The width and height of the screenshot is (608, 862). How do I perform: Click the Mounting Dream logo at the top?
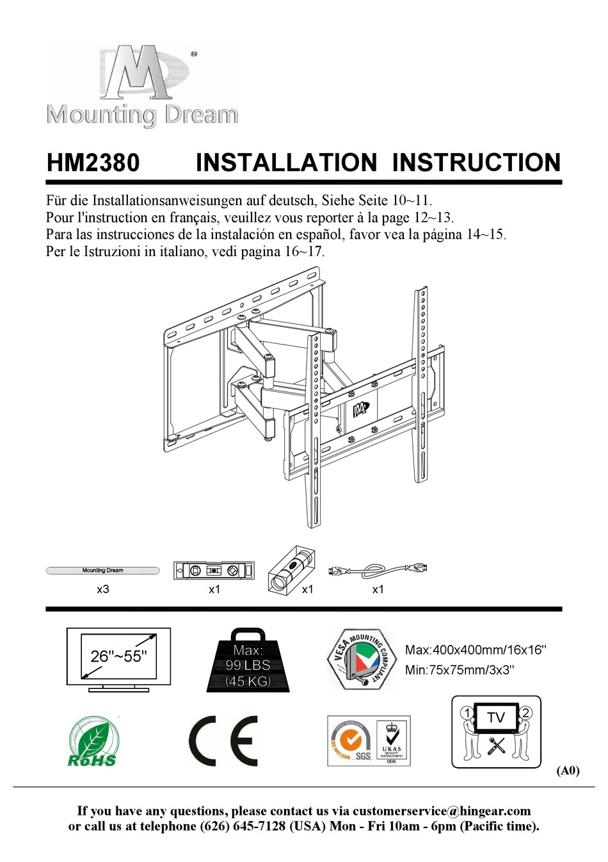pos(141,85)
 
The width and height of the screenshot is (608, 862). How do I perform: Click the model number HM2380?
pos(93,163)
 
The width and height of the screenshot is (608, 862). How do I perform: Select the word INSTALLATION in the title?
pos(286,163)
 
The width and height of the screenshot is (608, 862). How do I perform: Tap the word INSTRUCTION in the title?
pos(476,163)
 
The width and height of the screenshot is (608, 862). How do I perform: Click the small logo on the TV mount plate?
pos(361,408)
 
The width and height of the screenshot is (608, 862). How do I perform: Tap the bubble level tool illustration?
pos(214,570)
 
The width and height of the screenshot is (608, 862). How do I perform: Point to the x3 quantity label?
pos(102,589)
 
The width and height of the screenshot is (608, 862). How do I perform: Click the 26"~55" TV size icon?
pos(118,659)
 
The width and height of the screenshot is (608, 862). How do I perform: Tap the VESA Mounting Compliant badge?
pos(361,659)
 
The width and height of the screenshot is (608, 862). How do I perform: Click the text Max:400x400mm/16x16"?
pos(476,650)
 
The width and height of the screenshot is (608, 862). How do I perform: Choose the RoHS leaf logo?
pos(93,742)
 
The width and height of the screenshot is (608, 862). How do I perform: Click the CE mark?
pos(223,741)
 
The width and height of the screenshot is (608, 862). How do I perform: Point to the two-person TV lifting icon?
pos(496,732)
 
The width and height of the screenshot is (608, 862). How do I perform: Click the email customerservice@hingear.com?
pos(442,811)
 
